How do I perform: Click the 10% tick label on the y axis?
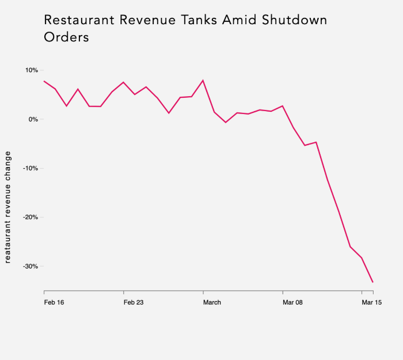pyautogui.click(x=31, y=70)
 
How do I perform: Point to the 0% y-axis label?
pyautogui.click(x=33, y=119)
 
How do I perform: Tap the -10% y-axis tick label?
pyautogui.click(x=31, y=168)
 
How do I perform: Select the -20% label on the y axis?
pyautogui.click(x=31, y=217)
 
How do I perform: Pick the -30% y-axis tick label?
pyautogui.click(x=31, y=266)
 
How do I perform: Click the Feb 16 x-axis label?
pyautogui.click(x=54, y=302)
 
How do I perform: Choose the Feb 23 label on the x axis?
pyautogui.click(x=134, y=302)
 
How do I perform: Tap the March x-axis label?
pyautogui.click(x=212, y=302)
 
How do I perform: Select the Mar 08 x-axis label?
pyautogui.click(x=292, y=302)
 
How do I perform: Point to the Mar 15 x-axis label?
pyautogui.click(x=371, y=302)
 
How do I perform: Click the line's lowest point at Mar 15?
pyautogui.click(x=373, y=282)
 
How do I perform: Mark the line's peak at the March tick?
pyautogui.click(x=203, y=80)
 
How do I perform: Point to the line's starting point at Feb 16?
pyautogui.click(x=44, y=81)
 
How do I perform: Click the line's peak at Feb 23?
pyautogui.click(x=124, y=82)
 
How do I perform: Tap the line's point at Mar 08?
pyautogui.click(x=283, y=106)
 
